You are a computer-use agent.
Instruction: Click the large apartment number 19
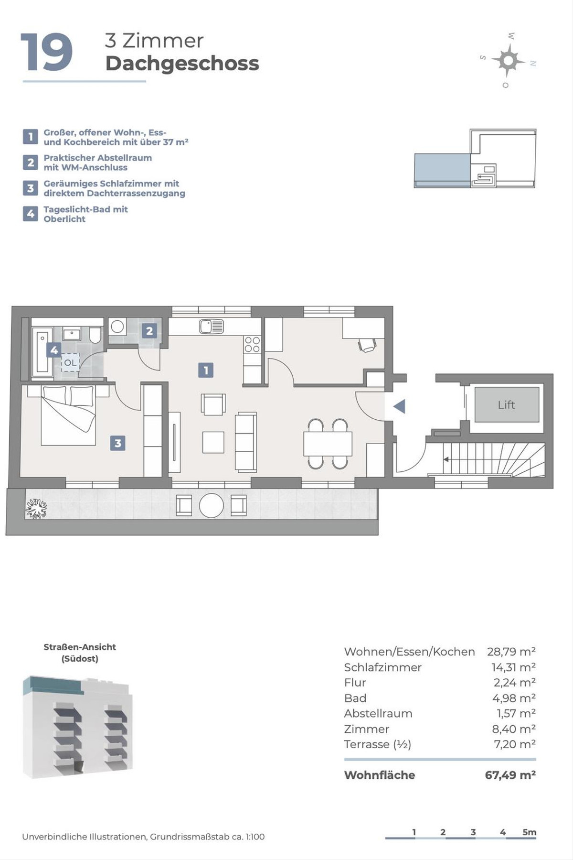coord(46,52)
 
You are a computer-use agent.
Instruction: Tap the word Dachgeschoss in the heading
coord(182,64)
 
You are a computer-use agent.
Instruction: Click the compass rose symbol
coord(508,60)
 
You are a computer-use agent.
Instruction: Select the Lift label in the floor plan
coord(506,405)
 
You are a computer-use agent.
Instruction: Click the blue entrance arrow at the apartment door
coord(399,406)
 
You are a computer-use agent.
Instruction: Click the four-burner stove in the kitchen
coord(252,345)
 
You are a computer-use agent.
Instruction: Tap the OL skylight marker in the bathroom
coord(70,363)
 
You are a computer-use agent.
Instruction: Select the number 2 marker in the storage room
coord(149,330)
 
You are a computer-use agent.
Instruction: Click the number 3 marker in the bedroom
coord(118,443)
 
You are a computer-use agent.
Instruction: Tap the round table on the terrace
coord(211,505)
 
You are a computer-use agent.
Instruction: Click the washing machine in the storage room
coord(117,327)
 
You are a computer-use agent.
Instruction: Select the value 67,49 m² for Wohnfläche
coord(510,775)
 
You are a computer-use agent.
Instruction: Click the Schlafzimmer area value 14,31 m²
coord(513,667)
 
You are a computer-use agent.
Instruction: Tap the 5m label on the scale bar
coord(529,832)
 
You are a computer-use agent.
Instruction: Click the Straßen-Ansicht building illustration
coord(78,726)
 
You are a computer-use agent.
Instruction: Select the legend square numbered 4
coord(30,214)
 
